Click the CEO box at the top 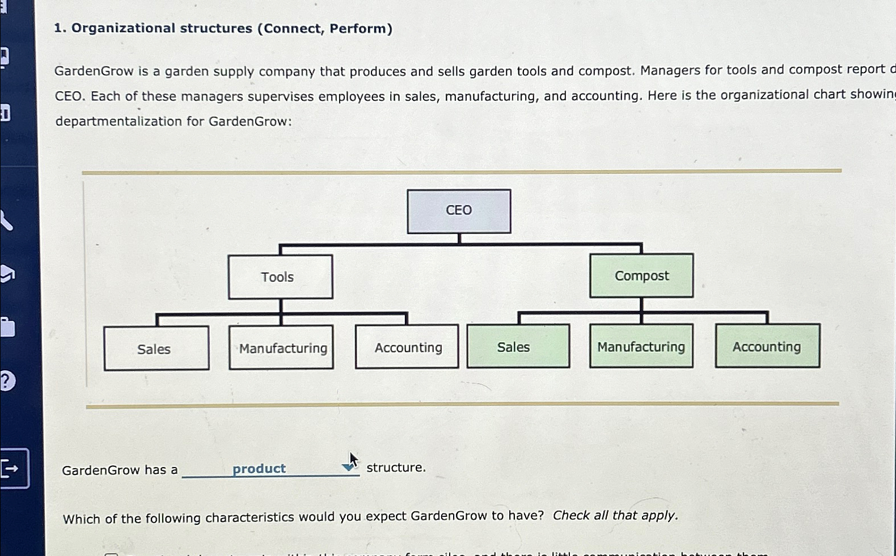click(x=459, y=211)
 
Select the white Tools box click(x=280, y=277)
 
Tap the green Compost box click(x=641, y=275)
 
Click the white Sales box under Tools click(x=156, y=349)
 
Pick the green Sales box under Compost click(x=518, y=346)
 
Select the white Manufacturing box click(x=281, y=347)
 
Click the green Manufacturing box click(x=641, y=346)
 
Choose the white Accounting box click(x=407, y=347)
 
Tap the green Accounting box click(x=767, y=346)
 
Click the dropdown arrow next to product click(x=348, y=468)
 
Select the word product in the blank click(x=259, y=469)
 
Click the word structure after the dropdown click(x=396, y=468)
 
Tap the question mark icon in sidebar click(x=7, y=381)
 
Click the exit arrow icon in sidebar click(x=11, y=468)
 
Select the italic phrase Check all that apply click(x=615, y=515)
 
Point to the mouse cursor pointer click(x=353, y=460)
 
